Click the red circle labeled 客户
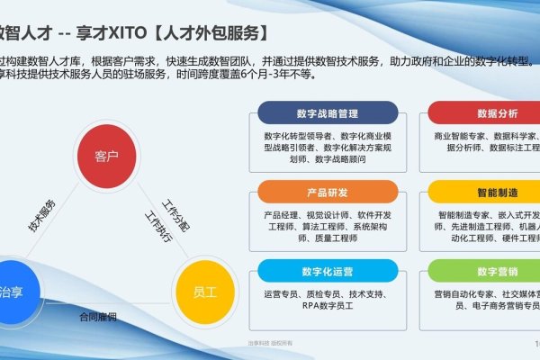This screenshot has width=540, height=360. (x=107, y=156)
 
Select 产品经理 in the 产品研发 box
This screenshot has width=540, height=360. (x=282, y=215)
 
